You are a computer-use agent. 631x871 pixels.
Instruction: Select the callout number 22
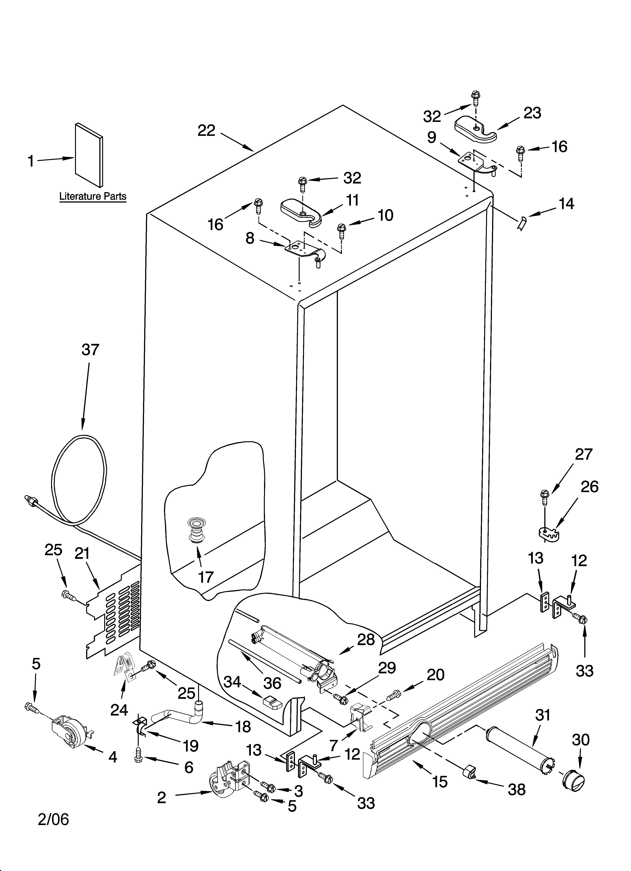(206, 131)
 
